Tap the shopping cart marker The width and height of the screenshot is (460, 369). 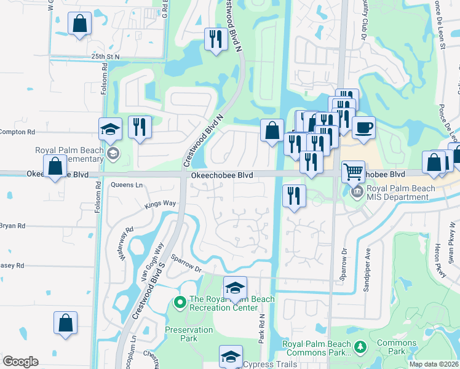pos(353,171)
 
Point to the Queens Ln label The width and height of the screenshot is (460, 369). pos(126,184)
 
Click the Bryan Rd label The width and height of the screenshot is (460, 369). pos(12,226)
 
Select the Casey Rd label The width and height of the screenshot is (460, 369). pos(12,265)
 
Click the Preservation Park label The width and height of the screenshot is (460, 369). pos(189,334)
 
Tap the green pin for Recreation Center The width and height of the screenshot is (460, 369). pos(180,302)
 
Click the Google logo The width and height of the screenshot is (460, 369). pos(20,362)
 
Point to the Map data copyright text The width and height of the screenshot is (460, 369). pos(434,364)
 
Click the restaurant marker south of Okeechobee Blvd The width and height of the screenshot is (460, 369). pos(294,196)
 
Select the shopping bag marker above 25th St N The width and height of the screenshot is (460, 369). pos(80,25)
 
